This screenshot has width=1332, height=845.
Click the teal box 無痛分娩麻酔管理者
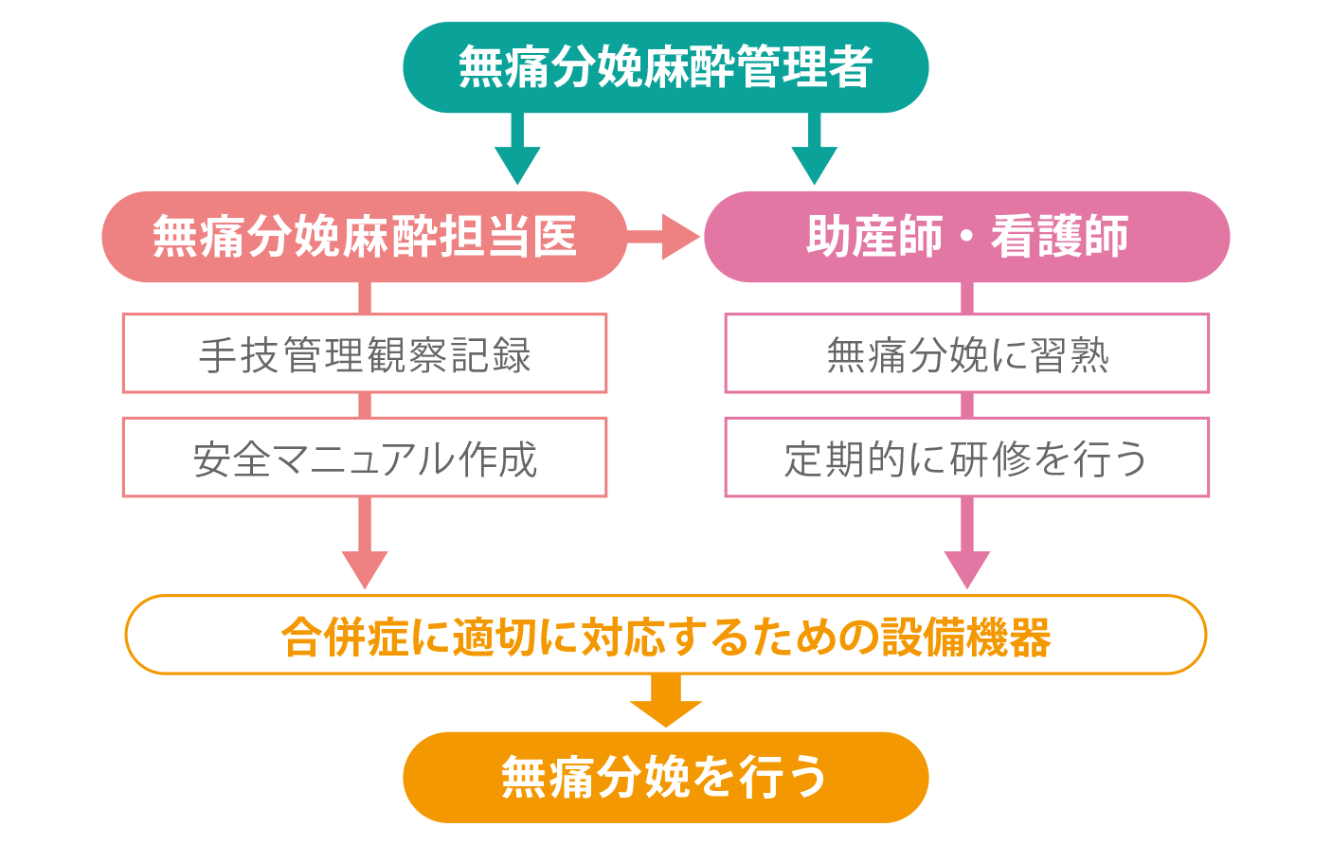(665, 67)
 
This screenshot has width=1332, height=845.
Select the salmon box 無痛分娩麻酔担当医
(365, 237)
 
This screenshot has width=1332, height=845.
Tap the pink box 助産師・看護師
(966, 237)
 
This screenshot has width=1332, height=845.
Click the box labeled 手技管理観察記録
(365, 353)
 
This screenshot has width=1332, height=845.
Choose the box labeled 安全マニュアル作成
(365, 458)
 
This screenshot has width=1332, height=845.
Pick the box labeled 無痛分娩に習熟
(966, 353)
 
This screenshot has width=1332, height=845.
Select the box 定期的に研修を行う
(966, 458)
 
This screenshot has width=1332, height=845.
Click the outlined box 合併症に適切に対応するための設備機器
(665, 635)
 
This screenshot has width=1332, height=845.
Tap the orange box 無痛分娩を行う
(665, 777)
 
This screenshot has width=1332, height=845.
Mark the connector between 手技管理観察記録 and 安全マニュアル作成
(365, 405)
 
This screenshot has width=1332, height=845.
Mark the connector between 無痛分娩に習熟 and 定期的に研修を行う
(967, 405)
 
